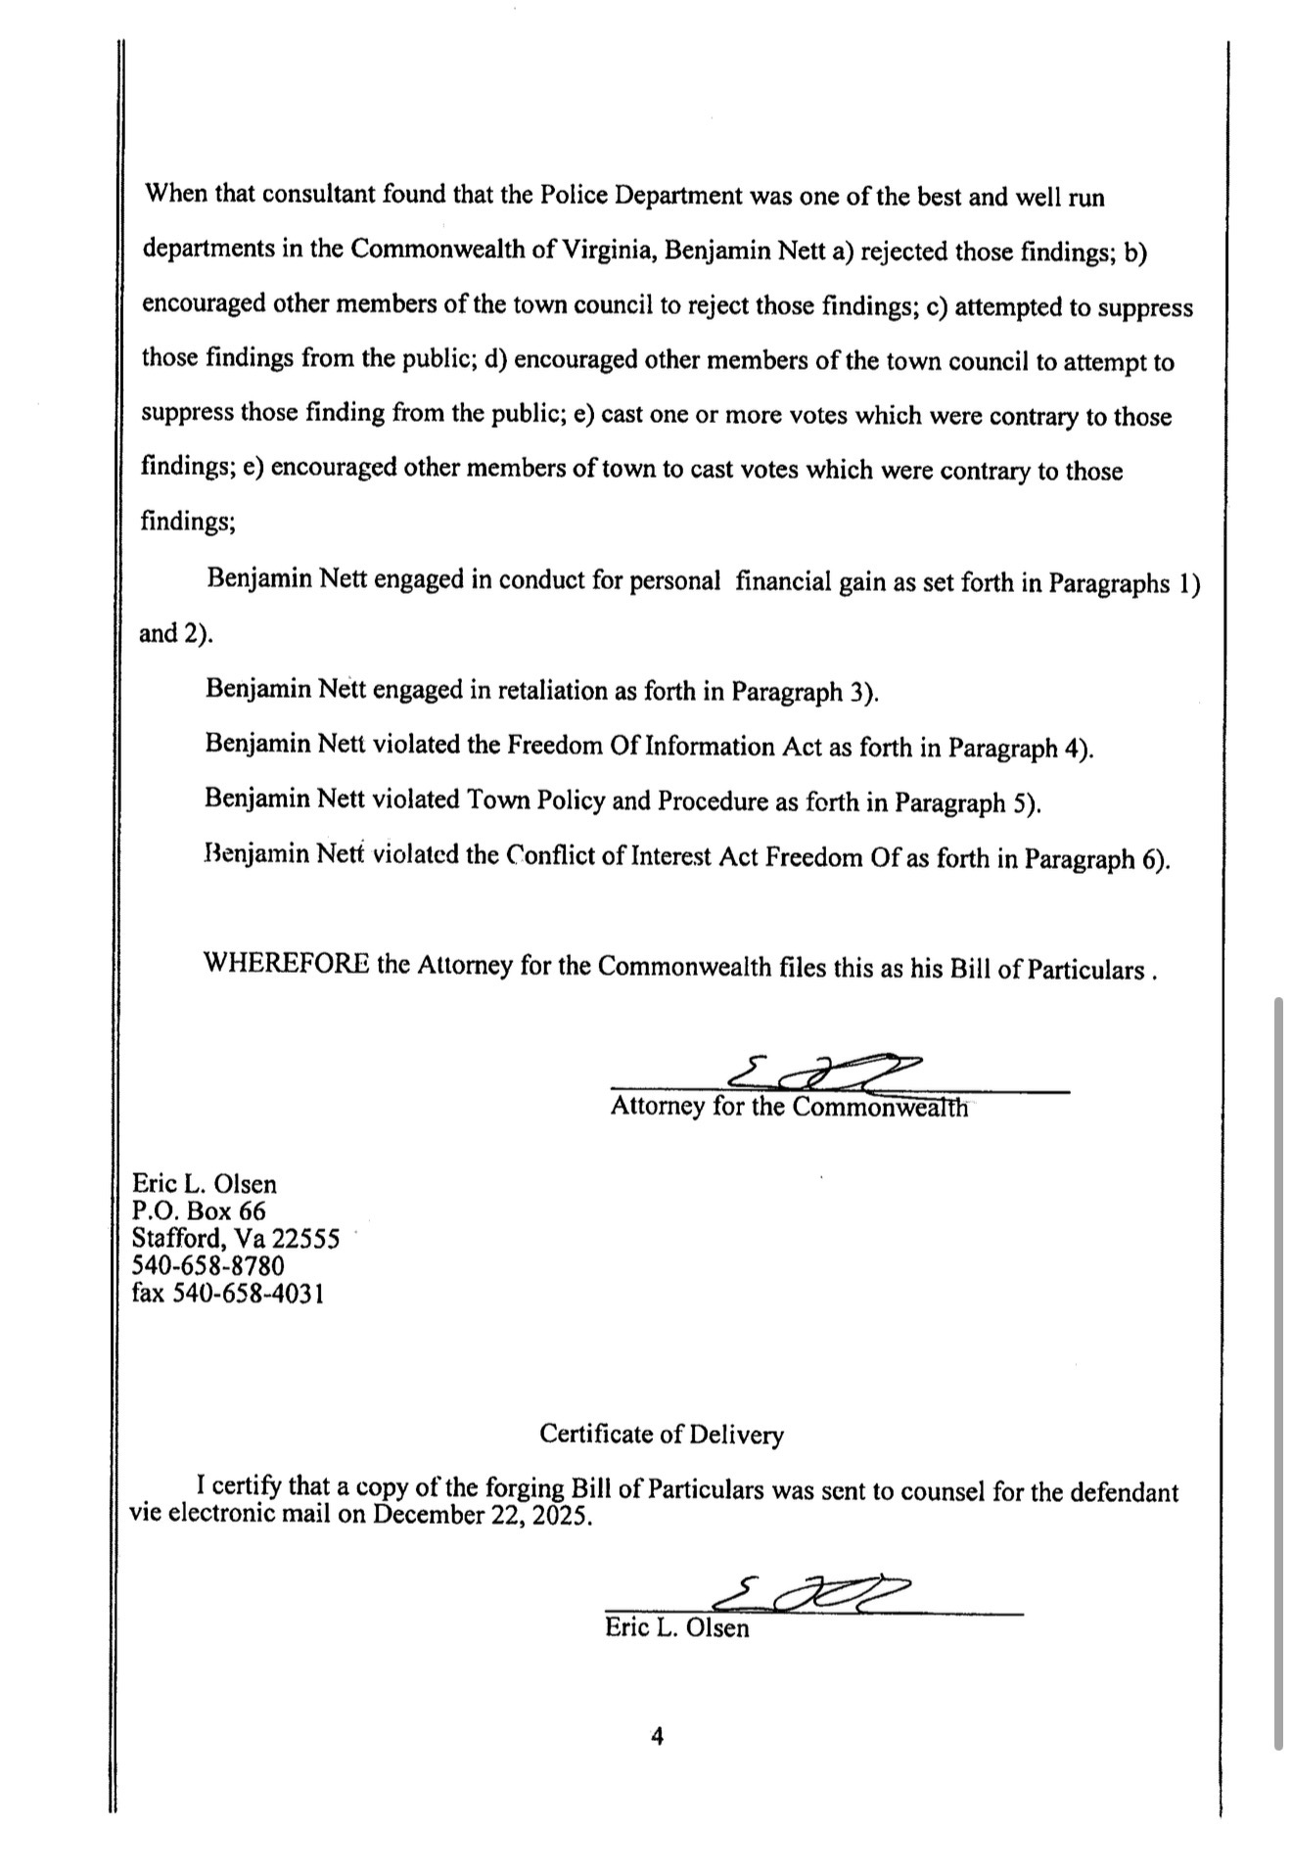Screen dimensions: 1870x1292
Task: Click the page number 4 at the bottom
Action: pyautogui.click(x=657, y=1737)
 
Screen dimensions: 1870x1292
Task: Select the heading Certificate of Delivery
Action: pyautogui.click(x=662, y=1435)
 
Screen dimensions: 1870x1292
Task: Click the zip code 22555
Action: pyautogui.click(x=305, y=1239)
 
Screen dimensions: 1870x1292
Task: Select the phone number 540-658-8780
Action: pyautogui.click(x=208, y=1266)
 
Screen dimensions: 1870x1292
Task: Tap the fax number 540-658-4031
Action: pyautogui.click(x=249, y=1294)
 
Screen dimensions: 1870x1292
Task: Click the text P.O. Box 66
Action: pyautogui.click(x=199, y=1211)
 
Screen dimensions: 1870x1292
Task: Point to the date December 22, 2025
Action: pyautogui.click(x=484, y=1517)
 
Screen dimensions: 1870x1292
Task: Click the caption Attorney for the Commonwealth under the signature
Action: pyautogui.click(x=789, y=1107)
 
